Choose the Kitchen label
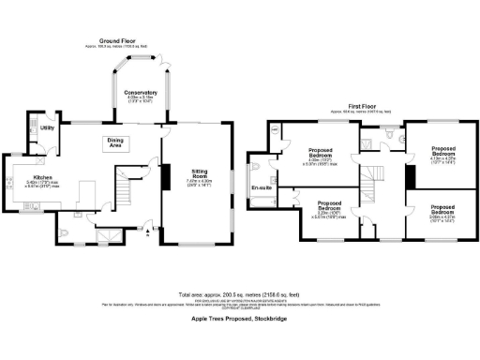[43, 176]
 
